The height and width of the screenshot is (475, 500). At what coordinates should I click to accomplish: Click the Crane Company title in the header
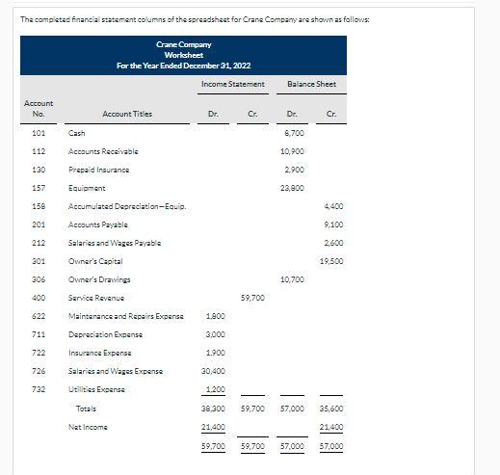point(183,44)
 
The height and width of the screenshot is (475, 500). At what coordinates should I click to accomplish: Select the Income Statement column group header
point(233,85)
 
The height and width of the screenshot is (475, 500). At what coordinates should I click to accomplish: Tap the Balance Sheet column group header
point(311,85)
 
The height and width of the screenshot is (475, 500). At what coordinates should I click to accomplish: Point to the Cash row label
point(76,133)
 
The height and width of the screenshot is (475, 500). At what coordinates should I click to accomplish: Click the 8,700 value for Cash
point(296,133)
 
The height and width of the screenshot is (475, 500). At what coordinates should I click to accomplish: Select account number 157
point(39,189)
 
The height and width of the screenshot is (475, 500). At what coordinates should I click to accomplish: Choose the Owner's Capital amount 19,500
point(330,261)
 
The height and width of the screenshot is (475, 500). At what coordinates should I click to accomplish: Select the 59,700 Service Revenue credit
point(253,298)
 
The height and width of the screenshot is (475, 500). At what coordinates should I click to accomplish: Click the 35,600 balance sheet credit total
point(330,409)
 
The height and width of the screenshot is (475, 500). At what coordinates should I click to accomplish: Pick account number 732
point(39,389)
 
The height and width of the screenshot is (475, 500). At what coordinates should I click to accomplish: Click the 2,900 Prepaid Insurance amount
point(296,170)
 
